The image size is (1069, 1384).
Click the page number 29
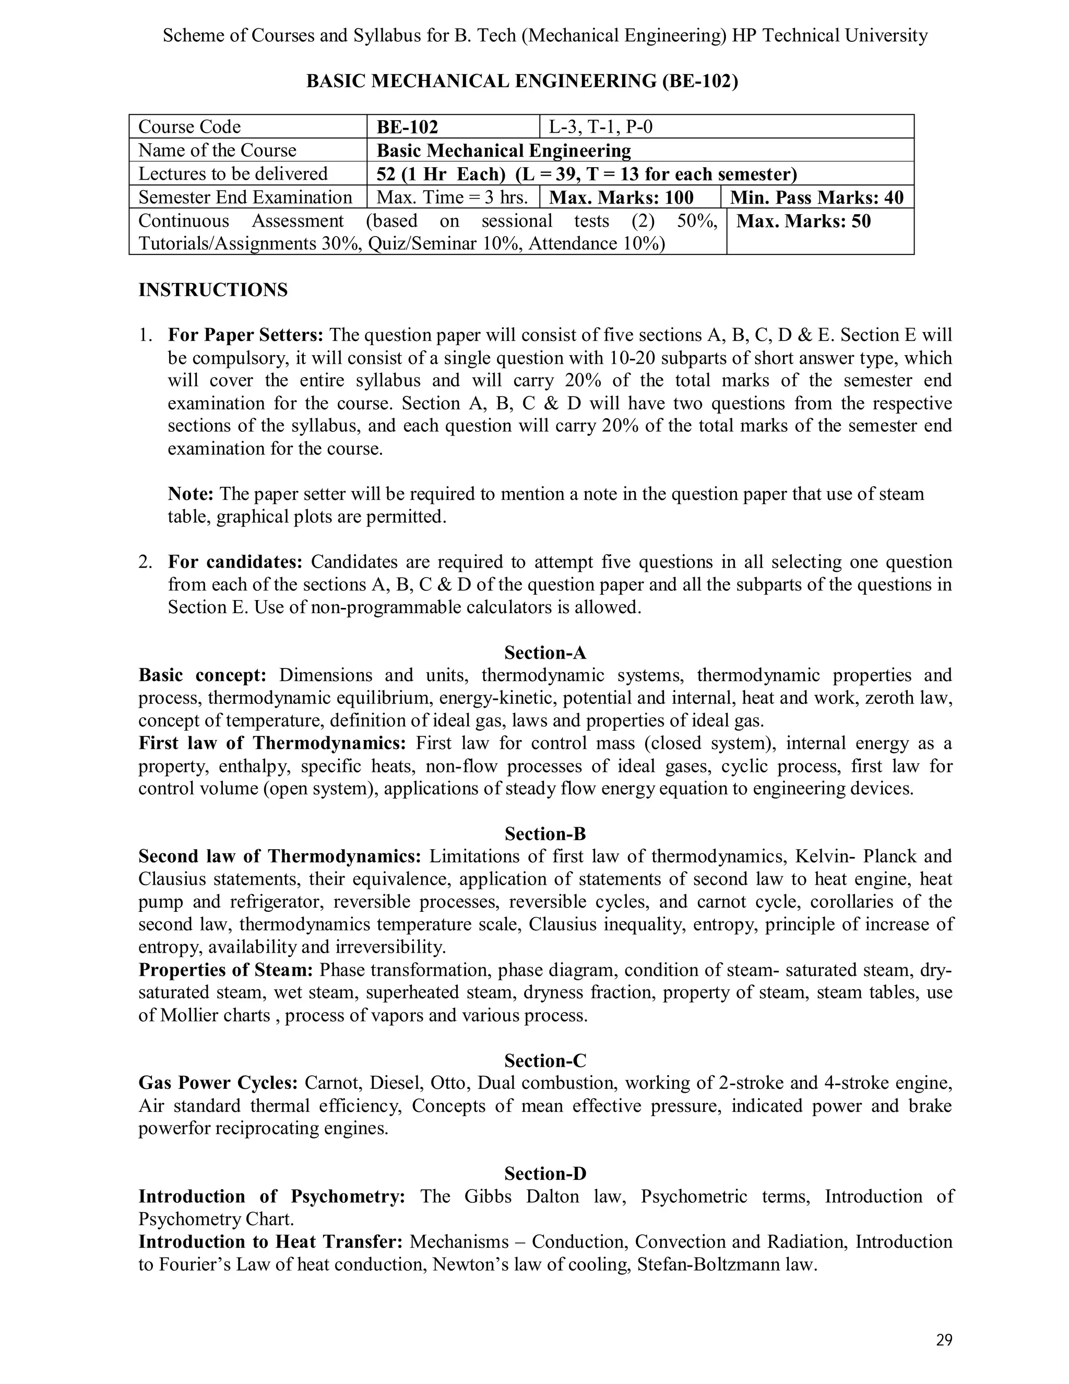click(944, 1340)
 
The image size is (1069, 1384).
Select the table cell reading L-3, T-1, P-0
click(600, 127)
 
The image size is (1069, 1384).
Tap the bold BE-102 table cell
click(407, 127)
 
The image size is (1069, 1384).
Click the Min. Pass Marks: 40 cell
click(817, 197)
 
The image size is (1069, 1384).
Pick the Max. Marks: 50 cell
click(804, 221)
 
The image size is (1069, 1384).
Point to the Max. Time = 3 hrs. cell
click(452, 197)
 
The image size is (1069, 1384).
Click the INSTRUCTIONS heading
click(213, 290)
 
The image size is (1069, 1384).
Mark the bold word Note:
click(191, 494)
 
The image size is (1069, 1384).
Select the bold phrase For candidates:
click(235, 561)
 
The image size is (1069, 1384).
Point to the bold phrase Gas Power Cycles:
click(218, 1082)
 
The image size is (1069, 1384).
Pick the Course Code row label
click(189, 127)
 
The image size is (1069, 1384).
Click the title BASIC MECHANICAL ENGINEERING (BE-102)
click(522, 81)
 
